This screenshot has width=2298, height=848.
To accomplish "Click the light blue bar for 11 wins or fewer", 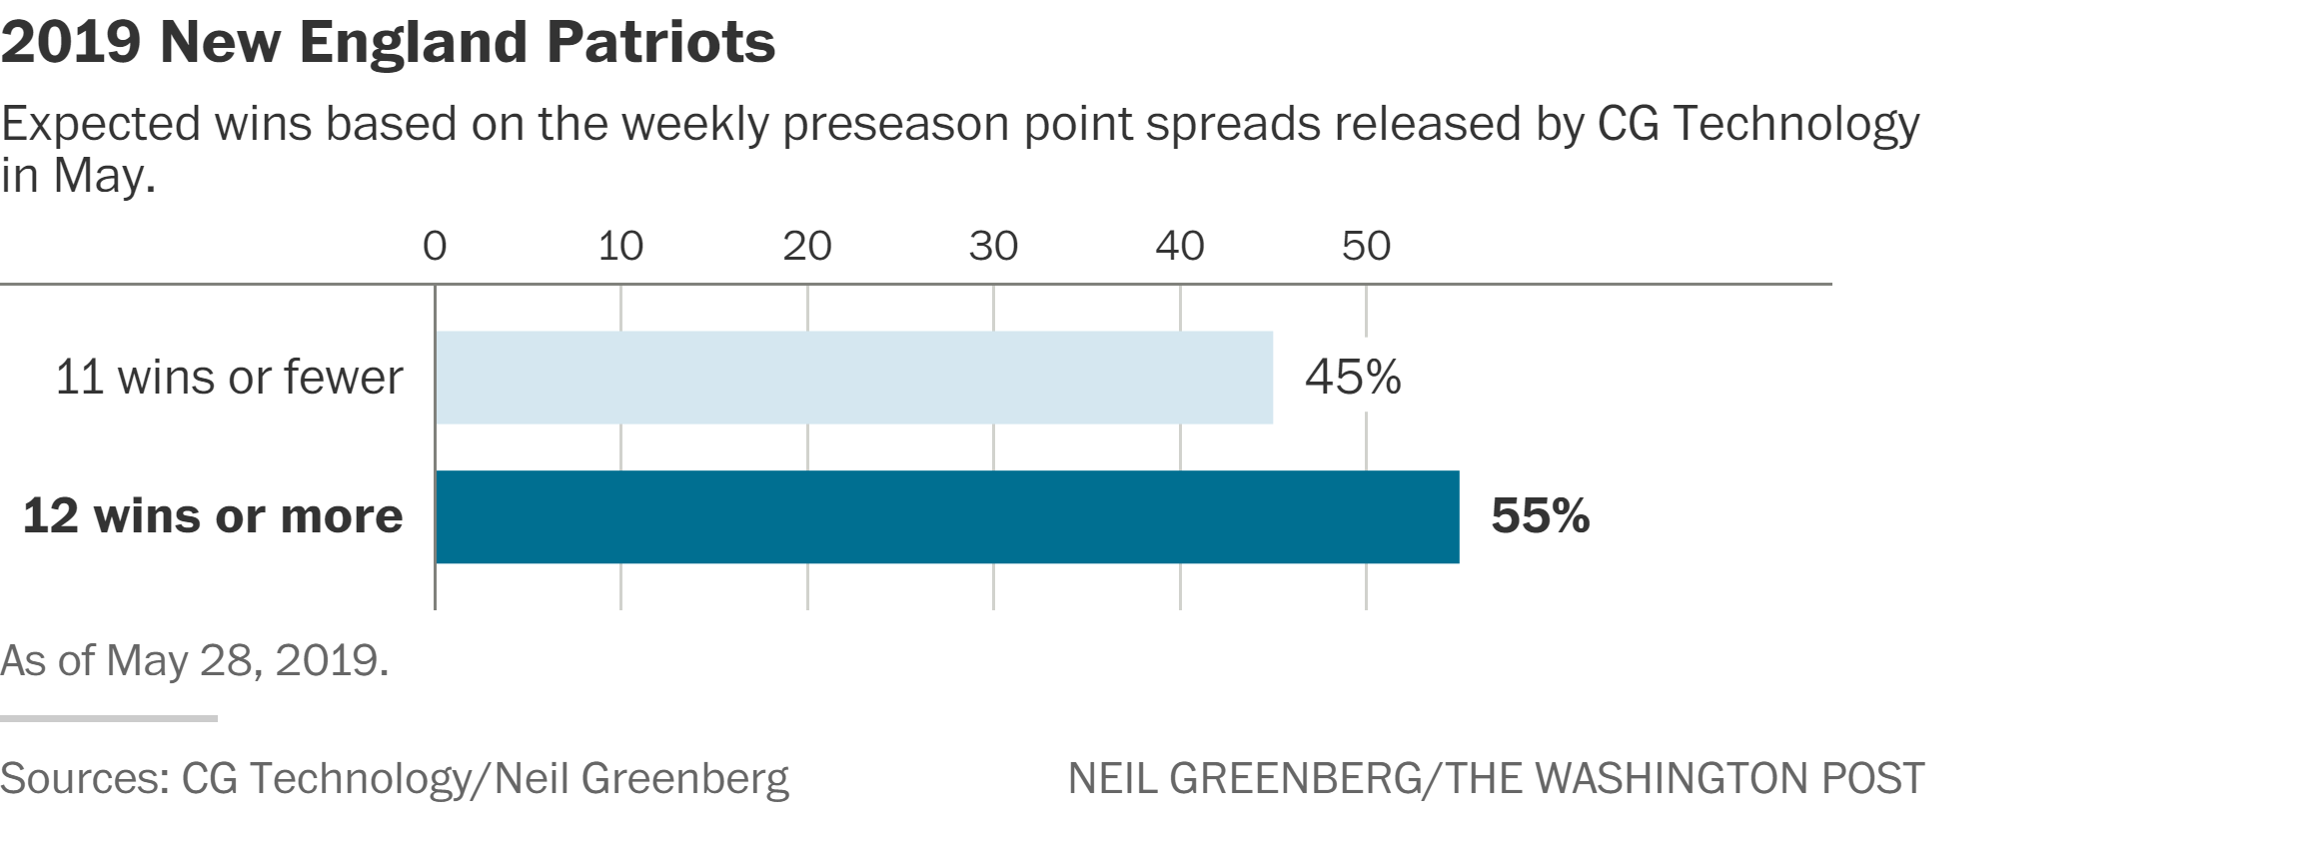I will (854, 378).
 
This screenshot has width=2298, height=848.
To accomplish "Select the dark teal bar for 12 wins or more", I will (947, 516).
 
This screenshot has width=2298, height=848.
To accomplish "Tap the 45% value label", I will (1353, 378).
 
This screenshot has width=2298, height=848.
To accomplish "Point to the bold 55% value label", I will (1540, 516).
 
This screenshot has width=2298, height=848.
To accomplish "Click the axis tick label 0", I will (435, 246).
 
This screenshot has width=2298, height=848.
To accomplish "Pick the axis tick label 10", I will (620, 246).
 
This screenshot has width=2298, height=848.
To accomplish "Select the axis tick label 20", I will (807, 246).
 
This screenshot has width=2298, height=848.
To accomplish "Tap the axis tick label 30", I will (993, 246).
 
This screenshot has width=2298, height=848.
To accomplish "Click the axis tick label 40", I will (1180, 246).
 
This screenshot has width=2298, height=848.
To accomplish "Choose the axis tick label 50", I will (1366, 246).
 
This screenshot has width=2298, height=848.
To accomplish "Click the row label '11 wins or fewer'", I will (229, 378).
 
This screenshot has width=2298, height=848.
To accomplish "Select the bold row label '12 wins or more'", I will (213, 516).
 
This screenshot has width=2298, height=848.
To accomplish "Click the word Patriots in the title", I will (660, 42).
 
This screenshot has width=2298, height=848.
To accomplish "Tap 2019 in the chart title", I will (71, 42).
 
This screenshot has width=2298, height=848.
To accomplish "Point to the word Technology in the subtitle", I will (1795, 125).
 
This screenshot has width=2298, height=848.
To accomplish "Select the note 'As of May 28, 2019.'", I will (195, 660).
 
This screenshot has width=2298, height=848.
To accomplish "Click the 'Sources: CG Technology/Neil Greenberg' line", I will (395, 779).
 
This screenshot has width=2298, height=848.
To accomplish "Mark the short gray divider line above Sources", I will (109, 718).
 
